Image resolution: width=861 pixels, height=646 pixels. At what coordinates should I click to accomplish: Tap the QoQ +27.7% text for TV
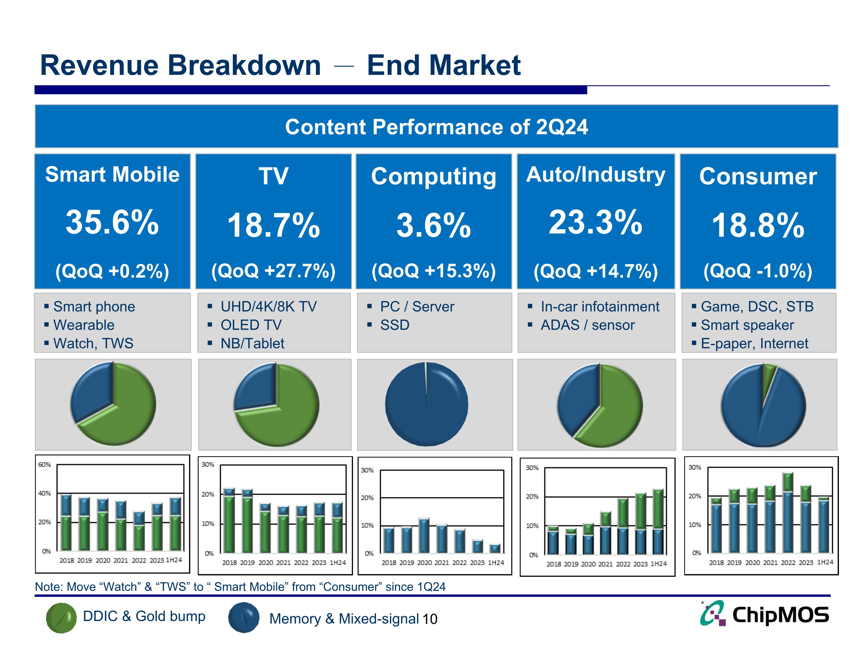[273, 271]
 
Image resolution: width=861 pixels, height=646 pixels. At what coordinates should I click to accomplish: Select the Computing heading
[434, 176]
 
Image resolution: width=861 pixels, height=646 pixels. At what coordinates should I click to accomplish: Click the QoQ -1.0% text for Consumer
[757, 271]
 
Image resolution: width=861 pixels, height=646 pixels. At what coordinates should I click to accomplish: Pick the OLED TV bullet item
[251, 325]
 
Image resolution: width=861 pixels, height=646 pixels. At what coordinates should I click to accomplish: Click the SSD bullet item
[395, 325]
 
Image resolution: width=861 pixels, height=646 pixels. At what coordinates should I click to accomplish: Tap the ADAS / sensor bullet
[587, 325]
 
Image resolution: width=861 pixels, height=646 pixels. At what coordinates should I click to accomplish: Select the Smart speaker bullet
[747, 325]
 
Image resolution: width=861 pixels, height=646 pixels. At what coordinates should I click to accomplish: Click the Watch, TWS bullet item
[93, 343]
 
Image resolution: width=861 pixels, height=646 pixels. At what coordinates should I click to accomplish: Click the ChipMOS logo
[765, 615]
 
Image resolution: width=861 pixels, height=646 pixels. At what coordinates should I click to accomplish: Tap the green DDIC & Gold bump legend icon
[61, 618]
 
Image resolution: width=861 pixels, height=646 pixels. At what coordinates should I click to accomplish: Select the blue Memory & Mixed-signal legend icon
[244, 618]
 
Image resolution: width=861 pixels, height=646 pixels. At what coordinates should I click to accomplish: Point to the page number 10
[430, 619]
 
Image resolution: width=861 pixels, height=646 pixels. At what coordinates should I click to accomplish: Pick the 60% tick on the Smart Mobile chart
[44, 465]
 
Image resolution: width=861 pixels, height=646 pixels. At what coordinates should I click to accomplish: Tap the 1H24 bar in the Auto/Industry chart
[658, 522]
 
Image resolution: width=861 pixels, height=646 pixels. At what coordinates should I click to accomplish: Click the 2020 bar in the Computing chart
[424, 535]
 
